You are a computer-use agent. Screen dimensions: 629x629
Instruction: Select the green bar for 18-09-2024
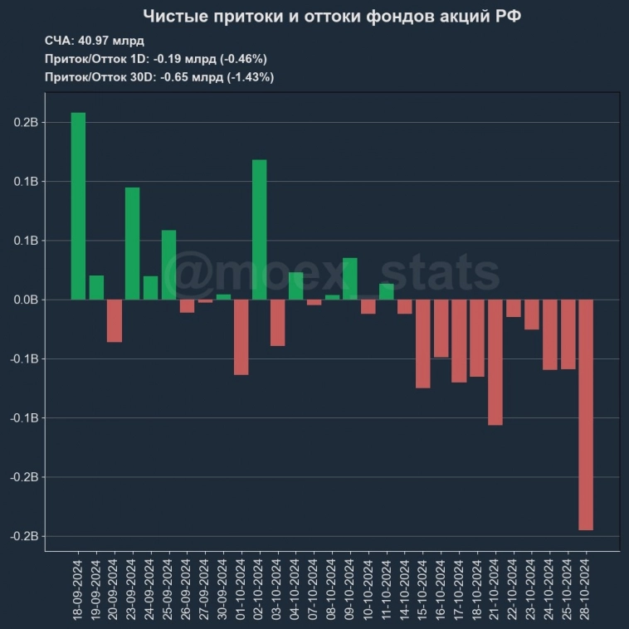[78, 206]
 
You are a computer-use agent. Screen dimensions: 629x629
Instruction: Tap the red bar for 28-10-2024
[586, 414]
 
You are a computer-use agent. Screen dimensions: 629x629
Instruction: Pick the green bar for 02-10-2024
[259, 229]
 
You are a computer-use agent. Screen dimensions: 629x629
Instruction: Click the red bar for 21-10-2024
[495, 362]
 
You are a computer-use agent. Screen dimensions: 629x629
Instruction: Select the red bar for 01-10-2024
[241, 337]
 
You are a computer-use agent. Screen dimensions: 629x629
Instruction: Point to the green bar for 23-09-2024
[133, 243]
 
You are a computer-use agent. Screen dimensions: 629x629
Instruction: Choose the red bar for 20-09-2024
[115, 320]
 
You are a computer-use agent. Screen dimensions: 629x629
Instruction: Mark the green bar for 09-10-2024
[350, 279]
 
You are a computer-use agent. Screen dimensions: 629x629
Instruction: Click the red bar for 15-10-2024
[423, 344]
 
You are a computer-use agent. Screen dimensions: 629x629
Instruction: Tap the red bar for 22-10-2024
[514, 308]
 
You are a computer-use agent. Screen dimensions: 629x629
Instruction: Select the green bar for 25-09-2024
[168, 265]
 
